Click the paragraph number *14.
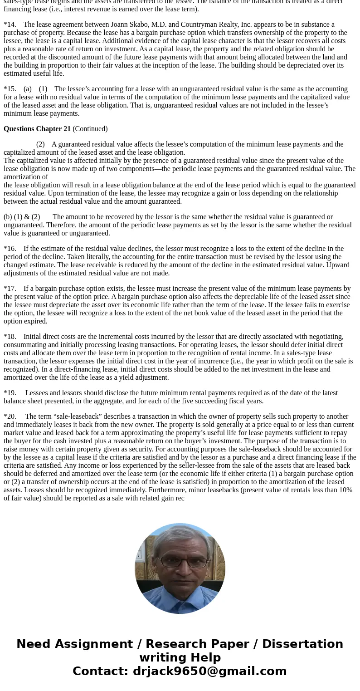[10, 25]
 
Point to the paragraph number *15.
[10, 89]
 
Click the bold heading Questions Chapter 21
[37, 129]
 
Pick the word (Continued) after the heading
[90, 129]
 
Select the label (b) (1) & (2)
[22, 217]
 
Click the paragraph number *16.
[10, 249]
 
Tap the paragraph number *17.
[10, 289]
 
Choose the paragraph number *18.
[10, 337]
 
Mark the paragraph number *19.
[10, 393]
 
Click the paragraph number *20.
[10, 417]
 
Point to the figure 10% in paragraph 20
[345, 490]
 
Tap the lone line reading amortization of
[26, 177]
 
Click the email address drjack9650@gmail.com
[209, 671]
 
